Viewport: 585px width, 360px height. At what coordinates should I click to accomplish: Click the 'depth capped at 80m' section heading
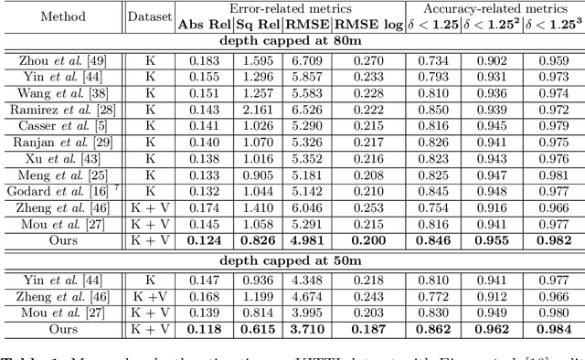point(292,40)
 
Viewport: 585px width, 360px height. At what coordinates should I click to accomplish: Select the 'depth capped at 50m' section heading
point(292,261)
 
